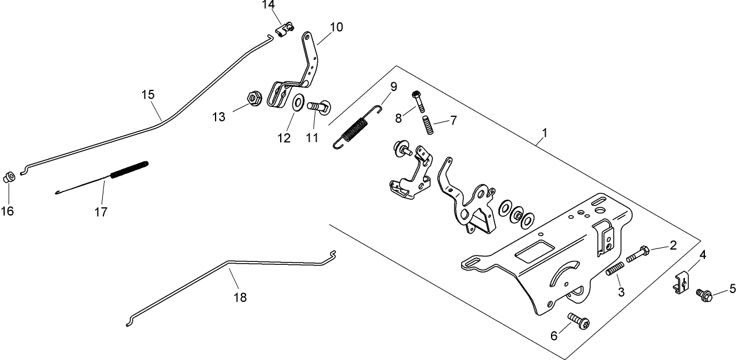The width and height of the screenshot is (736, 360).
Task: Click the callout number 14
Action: tap(268, 5)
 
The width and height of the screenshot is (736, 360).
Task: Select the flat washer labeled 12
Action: tap(298, 102)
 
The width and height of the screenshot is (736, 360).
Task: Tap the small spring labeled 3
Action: tap(613, 271)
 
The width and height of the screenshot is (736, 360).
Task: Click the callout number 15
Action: tap(148, 94)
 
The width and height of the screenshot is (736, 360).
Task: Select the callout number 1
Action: tap(545, 133)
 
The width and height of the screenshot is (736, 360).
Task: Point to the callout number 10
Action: tap(337, 27)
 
